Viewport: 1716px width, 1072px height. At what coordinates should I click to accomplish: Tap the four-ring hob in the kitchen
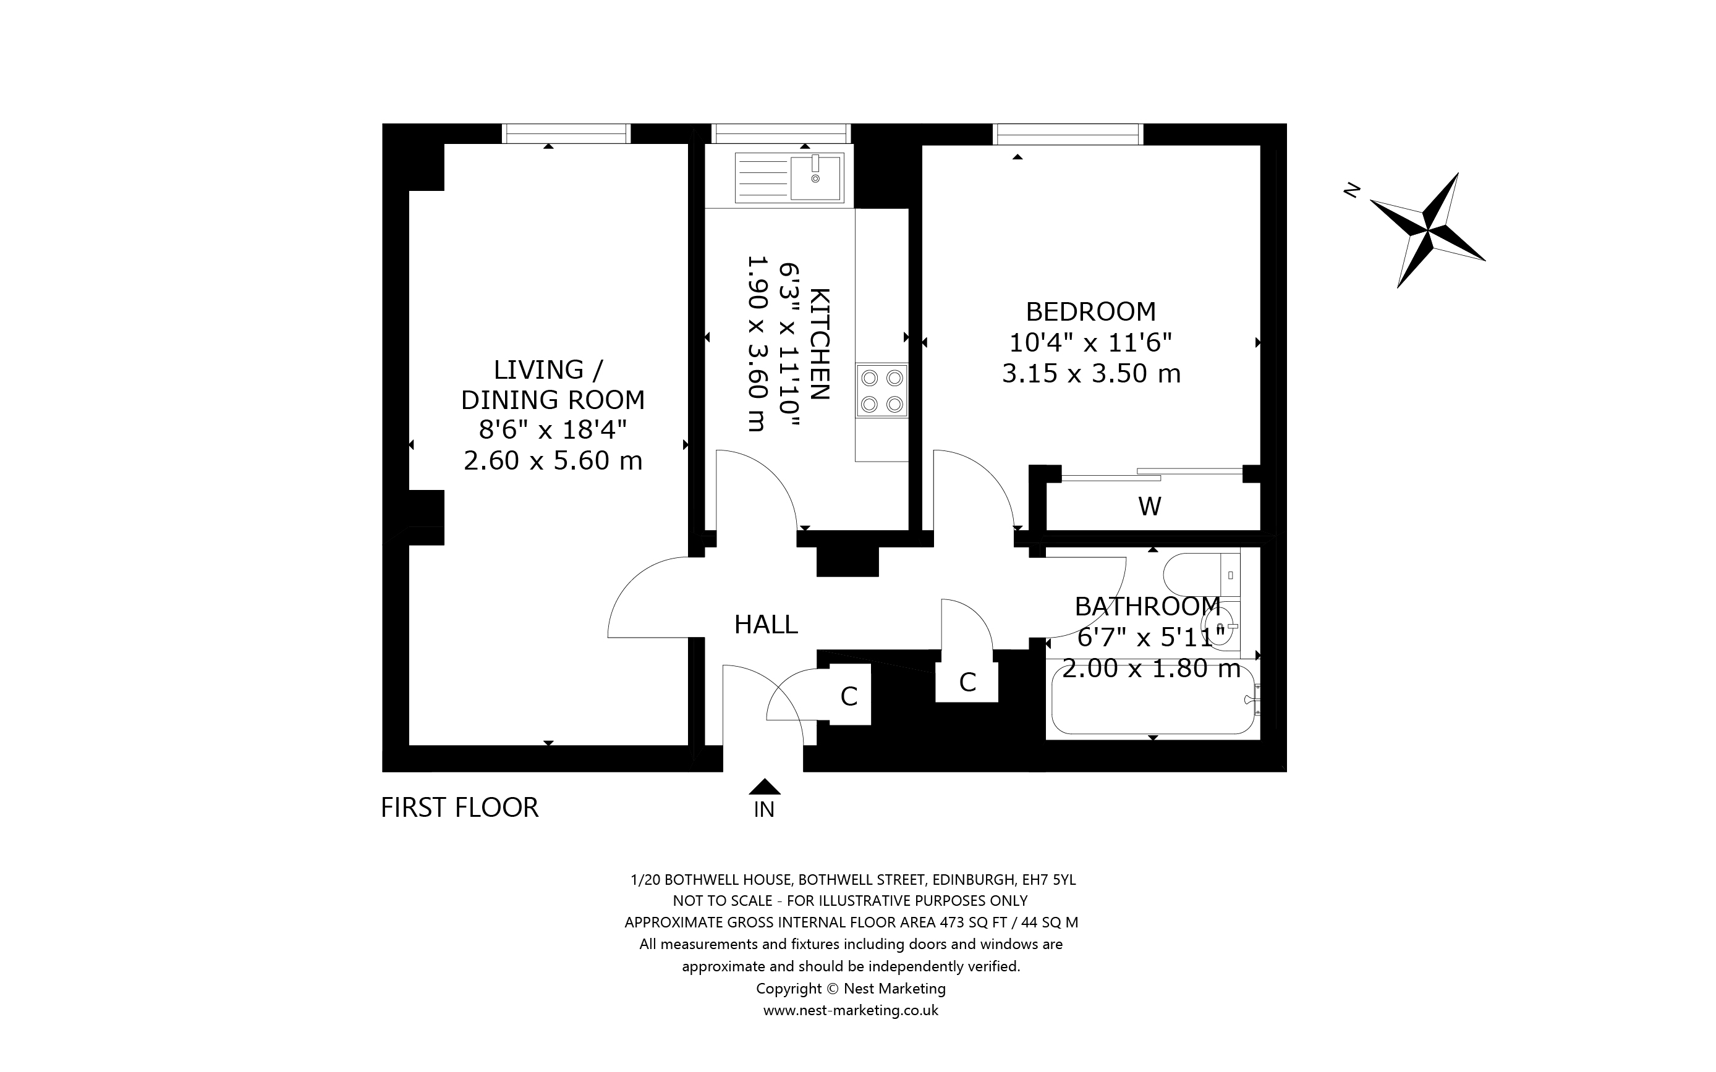pyautogui.click(x=881, y=390)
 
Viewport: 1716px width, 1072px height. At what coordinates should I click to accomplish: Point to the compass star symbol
pyautogui.click(x=1428, y=230)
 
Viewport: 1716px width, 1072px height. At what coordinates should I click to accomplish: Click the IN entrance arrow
pyautogui.click(x=765, y=787)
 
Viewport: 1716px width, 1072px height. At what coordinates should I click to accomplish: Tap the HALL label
pyautogui.click(x=765, y=625)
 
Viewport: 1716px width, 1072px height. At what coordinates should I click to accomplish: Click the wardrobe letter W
pyautogui.click(x=1149, y=506)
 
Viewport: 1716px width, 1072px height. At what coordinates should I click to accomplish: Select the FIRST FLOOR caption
pyautogui.click(x=459, y=808)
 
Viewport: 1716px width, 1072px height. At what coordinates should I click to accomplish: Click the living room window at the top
pyautogui.click(x=566, y=133)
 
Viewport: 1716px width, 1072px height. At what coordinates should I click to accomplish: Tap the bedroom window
pyautogui.click(x=1067, y=133)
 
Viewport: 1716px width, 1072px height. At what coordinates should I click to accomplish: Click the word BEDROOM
pyautogui.click(x=1090, y=312)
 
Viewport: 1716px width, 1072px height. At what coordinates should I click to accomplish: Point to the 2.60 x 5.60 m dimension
pyautogui.click(x=553, y=461)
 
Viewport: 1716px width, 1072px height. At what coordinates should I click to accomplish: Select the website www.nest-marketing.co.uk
pyautogui.click(x=850, y=1010)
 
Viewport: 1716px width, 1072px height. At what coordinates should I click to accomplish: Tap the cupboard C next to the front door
pyautogui.click(x=849, y=697)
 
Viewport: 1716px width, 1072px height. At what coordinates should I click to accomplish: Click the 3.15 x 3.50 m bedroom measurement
pyautogui.click(x=1090, y=374)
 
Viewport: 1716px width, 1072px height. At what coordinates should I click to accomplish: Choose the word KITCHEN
pyautogui.click(x=819, y=344)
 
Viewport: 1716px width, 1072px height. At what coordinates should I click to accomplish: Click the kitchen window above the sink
pyautogui.click(x=781, y=133)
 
